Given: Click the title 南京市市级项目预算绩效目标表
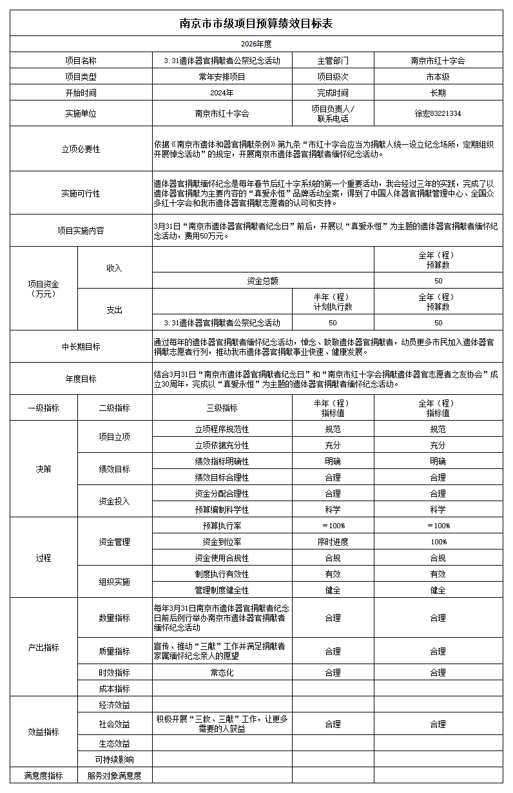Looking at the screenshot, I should click(256, 24).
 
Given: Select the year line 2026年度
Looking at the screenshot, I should click(256, 44).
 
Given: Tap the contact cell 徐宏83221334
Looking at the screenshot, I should click(438, 113).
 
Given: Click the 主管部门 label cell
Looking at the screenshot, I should click(333, 61).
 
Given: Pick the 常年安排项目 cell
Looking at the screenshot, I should click(222, 77).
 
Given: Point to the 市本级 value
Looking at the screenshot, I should click(438, 77).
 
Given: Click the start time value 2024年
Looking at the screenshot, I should click(222, 93).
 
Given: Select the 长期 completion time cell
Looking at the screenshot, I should click(438, 93).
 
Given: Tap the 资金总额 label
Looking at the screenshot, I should click(263, 281).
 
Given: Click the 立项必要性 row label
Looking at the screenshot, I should click(81, 149).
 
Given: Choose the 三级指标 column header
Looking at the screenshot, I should click(222, 408).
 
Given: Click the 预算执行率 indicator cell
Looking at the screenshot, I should click(222, 526).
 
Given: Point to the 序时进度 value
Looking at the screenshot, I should click(333, 542).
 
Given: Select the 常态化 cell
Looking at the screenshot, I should click(222, 673).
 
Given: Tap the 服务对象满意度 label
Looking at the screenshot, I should click(114, 776).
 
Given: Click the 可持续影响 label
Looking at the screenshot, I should click(114, 760).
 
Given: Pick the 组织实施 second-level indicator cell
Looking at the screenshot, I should click(114, 582).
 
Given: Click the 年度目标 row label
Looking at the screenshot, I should click(81, 379).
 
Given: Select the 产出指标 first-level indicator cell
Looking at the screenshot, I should click(43, 647).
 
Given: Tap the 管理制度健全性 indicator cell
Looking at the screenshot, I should click(222, 590).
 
